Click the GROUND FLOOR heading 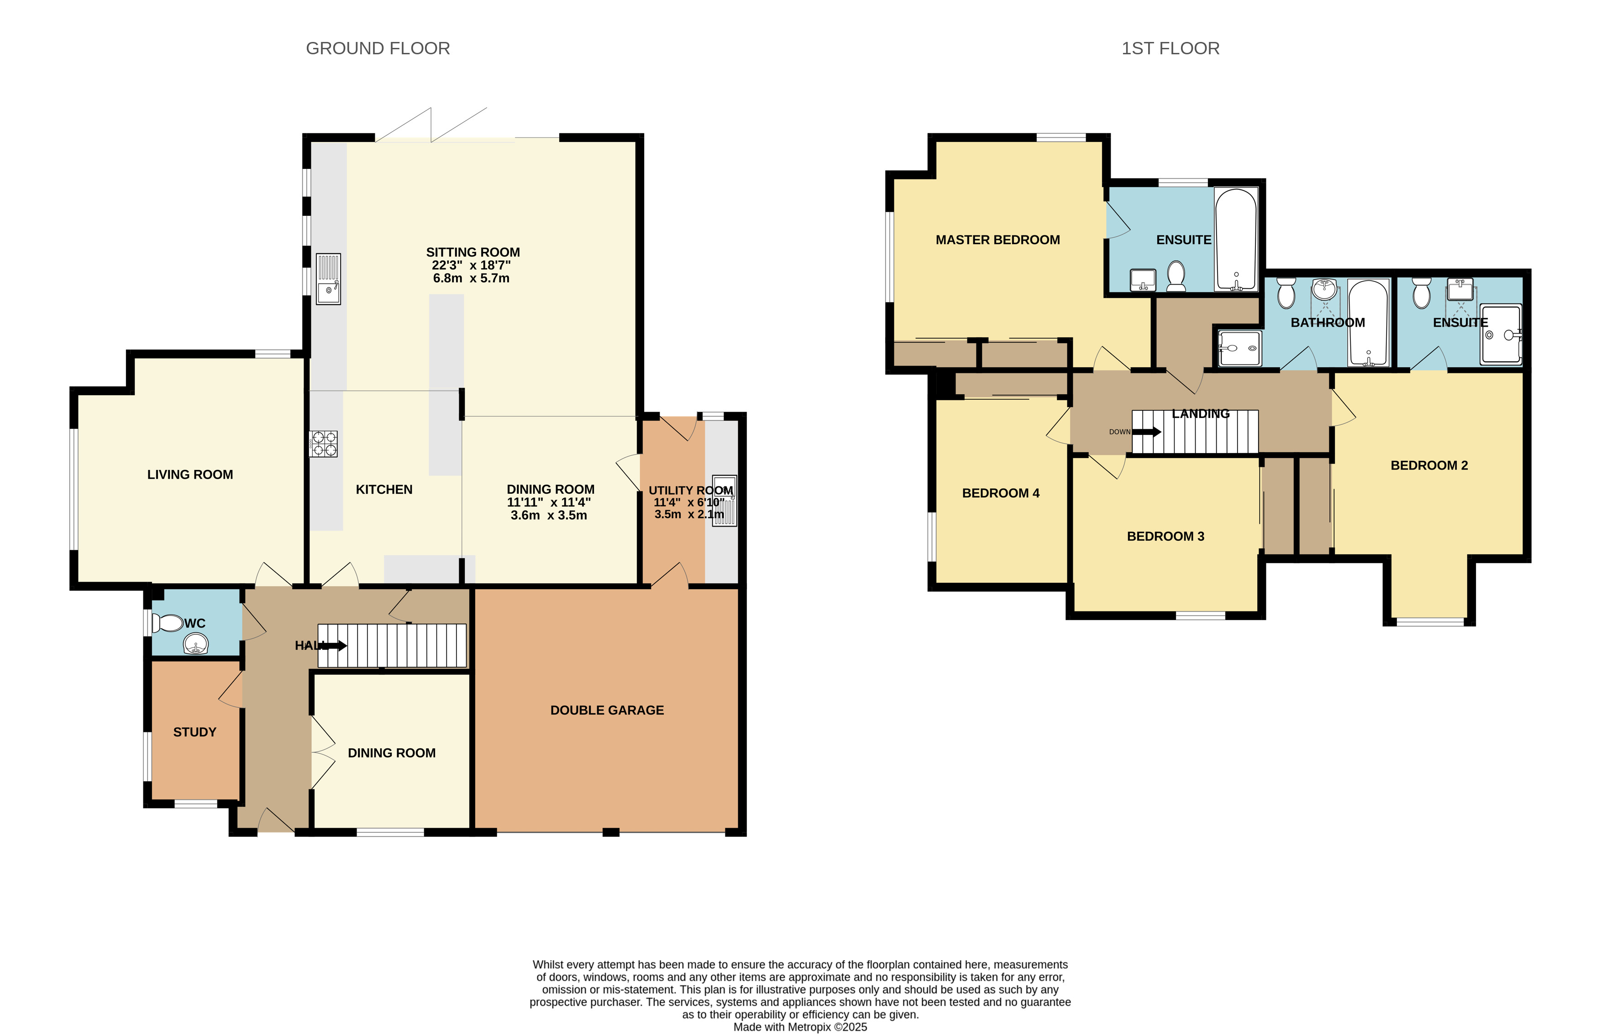[x=378, y=48]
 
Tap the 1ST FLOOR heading [x=1170, y=48]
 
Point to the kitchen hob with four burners [x=323, y=444]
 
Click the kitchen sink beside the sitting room [x=328, y=279]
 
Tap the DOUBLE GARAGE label [x=607, y=710]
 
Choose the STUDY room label [x=195, y=732]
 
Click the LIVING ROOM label [x=190, y=475]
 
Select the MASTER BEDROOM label [x=998, y=240]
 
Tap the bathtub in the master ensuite [x=1236, y=239]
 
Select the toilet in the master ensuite [x=1176, y=276]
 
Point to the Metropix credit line [x=800, y=1027]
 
